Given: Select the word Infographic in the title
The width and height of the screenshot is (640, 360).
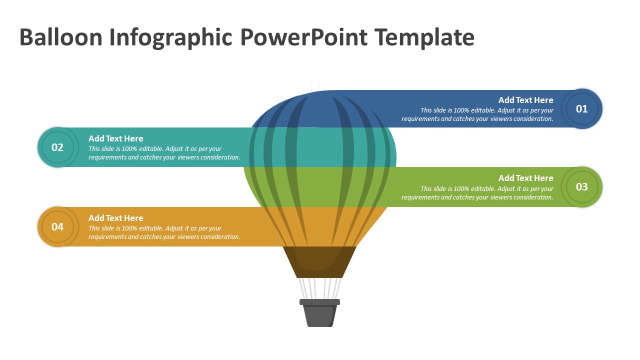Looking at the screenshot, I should pyautogui.click(x=169, y=37).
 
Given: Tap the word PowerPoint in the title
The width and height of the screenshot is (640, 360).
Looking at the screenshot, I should pyautogui.click(x=303, y=37).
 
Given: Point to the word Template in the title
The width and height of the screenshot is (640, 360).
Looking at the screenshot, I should pyautogui.click(x=424, y=37).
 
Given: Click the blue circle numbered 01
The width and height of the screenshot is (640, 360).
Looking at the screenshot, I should pyautogui.click(x=581, y=109).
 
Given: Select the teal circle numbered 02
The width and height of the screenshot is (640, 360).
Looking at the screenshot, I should pyautogui.click(x=58, y=147).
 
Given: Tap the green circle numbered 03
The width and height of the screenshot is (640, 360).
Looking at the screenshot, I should pyautogui.click(x=581, y=187).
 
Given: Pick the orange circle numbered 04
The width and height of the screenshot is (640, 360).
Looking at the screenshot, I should pyautogui.click(x=58, y=227).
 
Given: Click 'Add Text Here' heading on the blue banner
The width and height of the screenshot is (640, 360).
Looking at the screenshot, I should pyautogui.click(x=525, y=100).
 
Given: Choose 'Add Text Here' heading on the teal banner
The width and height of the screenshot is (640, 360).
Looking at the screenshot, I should pyautogui.click(x=116, y=138).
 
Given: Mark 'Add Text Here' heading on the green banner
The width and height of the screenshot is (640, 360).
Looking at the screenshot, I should pyautogui.click(x=525, y=178).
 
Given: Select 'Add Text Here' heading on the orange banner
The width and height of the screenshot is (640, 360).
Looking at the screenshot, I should pyautogui.click(x=116, y=218).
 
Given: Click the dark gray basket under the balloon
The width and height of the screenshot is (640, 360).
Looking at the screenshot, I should pyautogui.click(x=319, y=316).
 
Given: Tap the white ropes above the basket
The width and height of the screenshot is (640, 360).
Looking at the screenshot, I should pyautogui.click(x=319, y=288).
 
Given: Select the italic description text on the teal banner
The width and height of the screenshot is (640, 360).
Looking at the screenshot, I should pyautogui.click(x=164, y=153).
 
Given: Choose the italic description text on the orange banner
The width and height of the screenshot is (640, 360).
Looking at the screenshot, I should pyautogui.click(x=164, y=232).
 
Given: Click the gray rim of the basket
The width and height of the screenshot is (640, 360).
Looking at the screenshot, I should pyautogui.click(x=319, y=302).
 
